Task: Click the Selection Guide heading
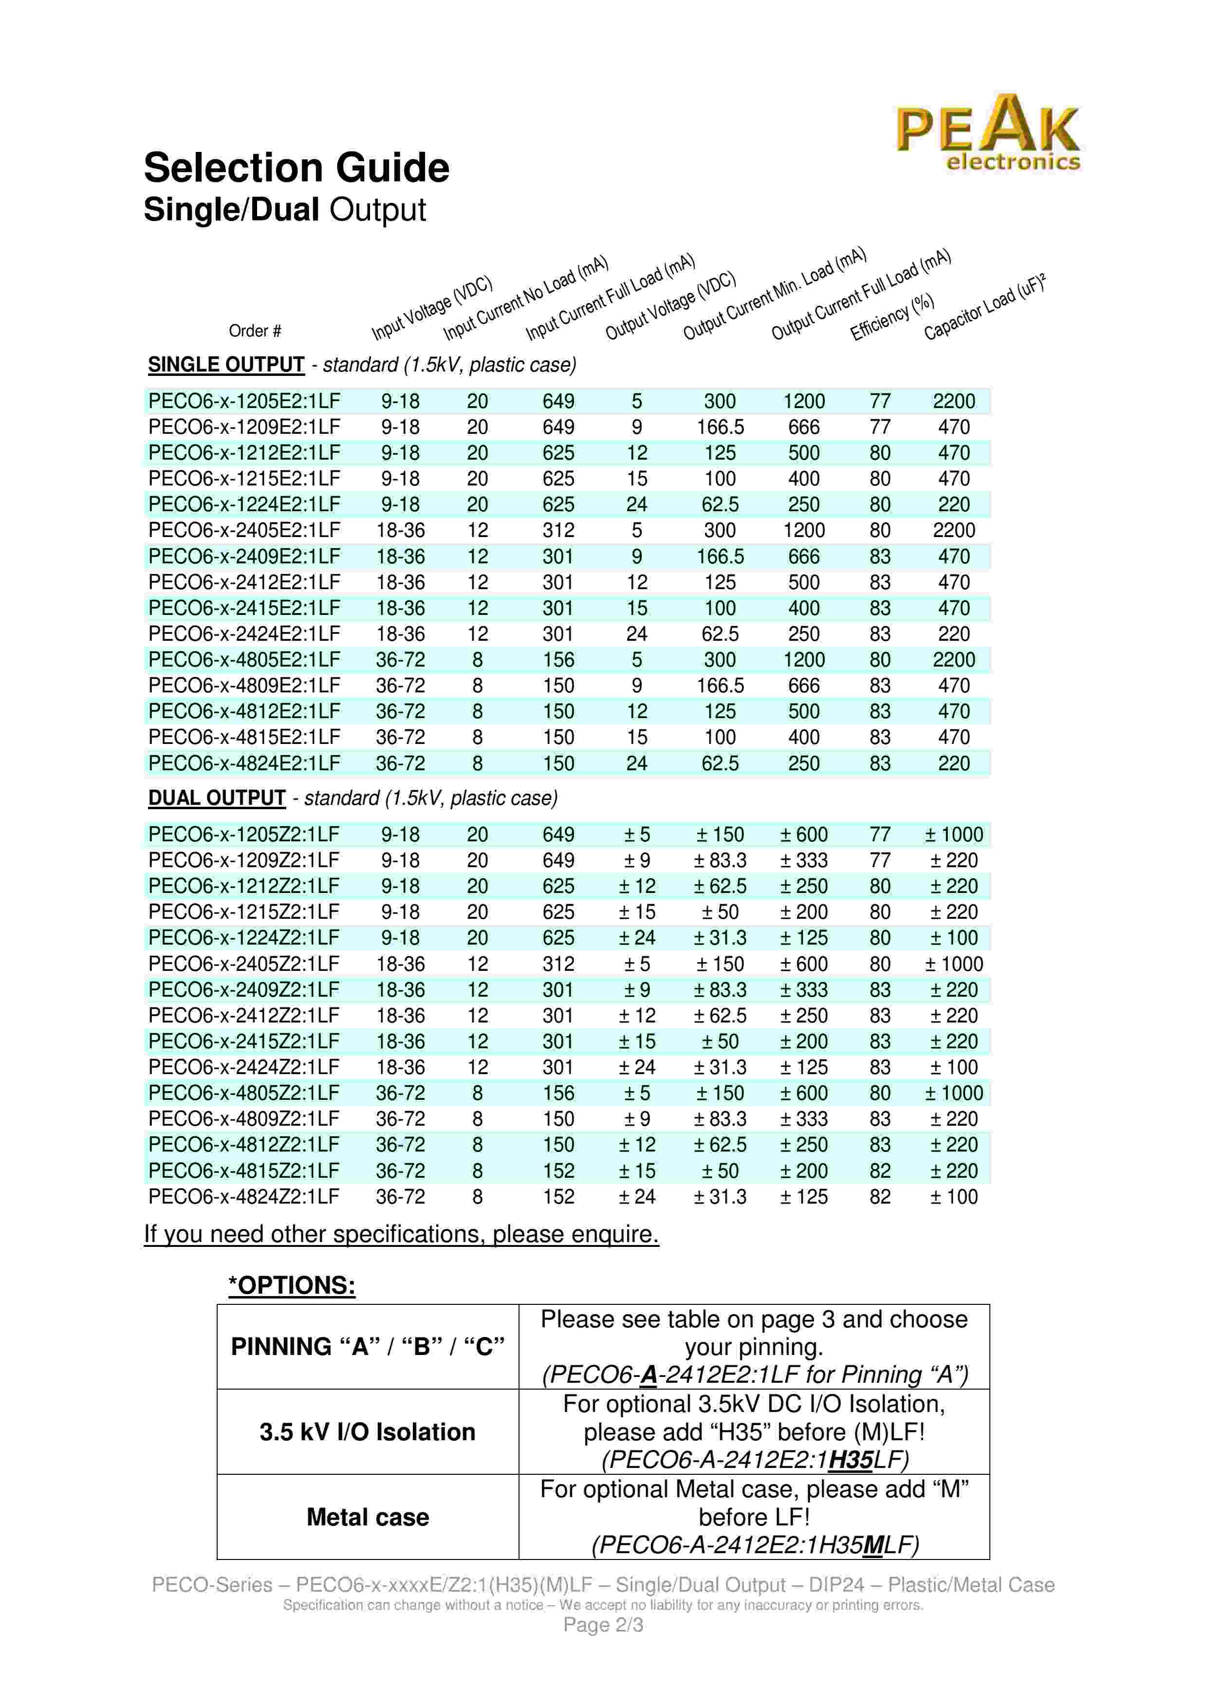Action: click(296, 168)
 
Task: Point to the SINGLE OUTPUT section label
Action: click(226, 365)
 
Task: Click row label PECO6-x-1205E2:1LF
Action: click(244, 401)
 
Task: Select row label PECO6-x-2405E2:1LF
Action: click(244, 530)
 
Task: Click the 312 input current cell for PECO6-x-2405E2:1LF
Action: click(558, 530)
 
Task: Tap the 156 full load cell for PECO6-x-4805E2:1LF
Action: click(558, 660)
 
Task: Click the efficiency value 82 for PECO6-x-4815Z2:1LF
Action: click(880, 1171)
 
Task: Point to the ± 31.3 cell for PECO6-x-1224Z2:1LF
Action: click(720, 938)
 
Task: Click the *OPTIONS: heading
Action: click(292, 1285)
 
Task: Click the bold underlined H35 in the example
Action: click(851, 1460)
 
